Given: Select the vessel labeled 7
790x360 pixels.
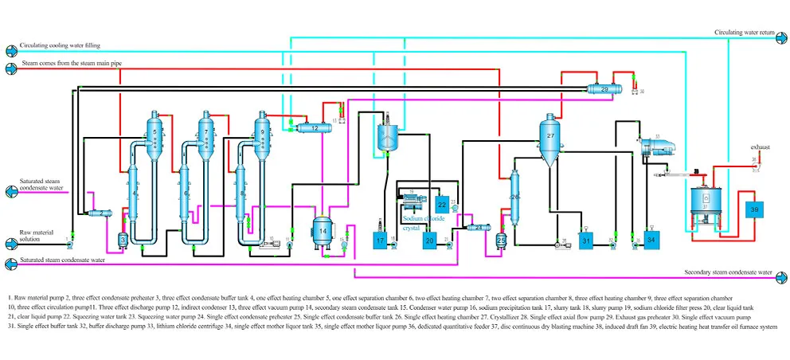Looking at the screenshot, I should pos(206,133).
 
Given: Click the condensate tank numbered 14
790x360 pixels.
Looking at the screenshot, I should pos(323,231).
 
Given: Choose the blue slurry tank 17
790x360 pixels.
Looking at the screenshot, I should pos(380,240).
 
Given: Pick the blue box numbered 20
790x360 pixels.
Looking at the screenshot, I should pos(428,240).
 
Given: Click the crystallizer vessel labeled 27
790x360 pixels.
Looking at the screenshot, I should pos(549,138).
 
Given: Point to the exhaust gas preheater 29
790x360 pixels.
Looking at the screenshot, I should pos(604,89).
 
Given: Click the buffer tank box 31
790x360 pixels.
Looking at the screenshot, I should pos(586,240).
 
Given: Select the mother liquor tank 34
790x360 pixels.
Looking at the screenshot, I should pos(651,240).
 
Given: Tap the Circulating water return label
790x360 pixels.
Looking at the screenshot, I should pos(745,33).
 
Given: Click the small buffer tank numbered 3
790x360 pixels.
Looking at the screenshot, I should pos(122,239).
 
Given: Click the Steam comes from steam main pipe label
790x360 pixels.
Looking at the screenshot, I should pos(72,63).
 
